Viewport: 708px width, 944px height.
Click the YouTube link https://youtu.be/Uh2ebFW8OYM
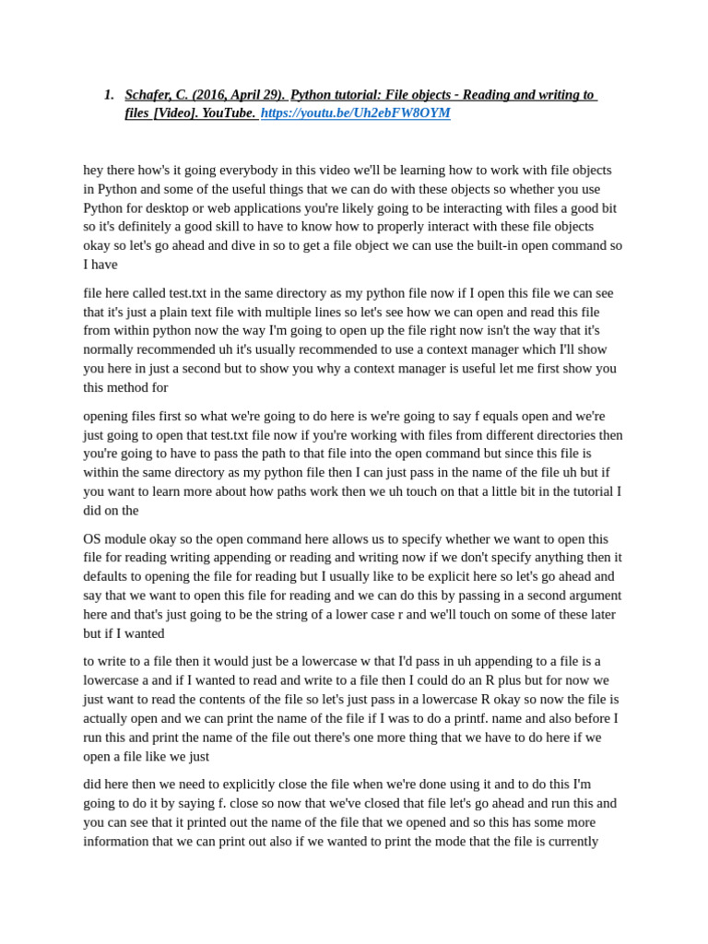355,113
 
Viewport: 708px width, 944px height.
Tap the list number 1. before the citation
109,95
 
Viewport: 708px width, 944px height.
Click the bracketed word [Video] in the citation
175,113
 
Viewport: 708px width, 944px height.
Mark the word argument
589,596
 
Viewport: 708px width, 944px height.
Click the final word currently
570,842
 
